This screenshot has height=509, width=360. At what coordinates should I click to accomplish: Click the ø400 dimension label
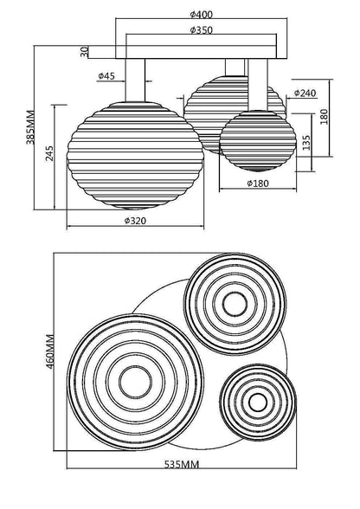tap(201, 14)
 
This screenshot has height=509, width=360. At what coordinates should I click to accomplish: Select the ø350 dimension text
tap(201, 29)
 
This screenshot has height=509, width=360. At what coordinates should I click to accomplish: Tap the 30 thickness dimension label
tap(85, 51)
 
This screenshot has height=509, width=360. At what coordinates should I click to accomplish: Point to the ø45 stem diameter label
tap(106, 76)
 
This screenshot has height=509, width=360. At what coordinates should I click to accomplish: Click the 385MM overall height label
tap(30, 127)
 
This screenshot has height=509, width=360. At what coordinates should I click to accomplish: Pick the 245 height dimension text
tap(49, 153)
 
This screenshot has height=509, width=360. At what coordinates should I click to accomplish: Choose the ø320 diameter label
tap(135, 221)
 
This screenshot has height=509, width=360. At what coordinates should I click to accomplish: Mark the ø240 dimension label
tap(305, 93)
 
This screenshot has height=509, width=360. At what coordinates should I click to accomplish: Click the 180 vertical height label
tap(324, 117)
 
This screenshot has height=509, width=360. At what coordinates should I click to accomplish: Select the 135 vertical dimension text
tap(306, 143)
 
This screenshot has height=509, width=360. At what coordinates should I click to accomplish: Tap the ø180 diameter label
tap(258, 184)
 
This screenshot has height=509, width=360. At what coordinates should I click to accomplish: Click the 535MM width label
tap(181, 465)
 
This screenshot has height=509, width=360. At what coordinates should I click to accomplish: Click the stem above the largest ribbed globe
tap(135, 81)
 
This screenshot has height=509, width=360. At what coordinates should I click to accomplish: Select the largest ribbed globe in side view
tap(135, 156)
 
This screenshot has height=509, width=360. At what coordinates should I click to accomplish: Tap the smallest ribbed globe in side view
tap(258, 141)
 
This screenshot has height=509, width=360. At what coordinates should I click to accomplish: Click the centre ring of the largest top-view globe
tap(135, 383)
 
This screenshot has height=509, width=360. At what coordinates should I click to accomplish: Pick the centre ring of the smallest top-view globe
tap(258, 402)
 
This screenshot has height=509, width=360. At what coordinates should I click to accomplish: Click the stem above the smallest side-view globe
tap(258, 85)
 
